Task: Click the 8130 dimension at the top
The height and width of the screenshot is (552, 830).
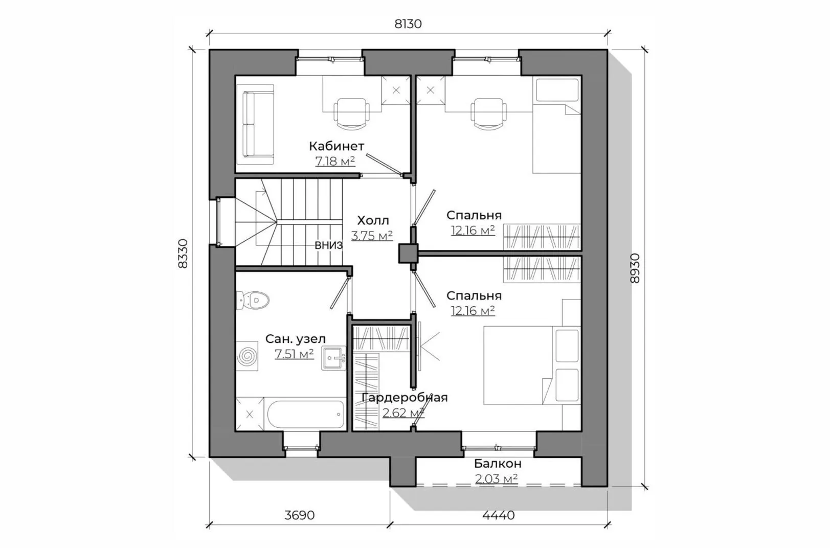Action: point(408,24)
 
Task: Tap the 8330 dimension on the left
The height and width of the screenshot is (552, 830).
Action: point(183,254)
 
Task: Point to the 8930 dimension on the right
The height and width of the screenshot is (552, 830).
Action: point(635,268)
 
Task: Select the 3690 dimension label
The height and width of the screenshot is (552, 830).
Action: point(299,515)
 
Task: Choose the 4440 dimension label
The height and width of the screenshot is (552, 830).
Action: point(499,515)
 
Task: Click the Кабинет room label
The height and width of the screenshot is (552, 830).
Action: point(337,146)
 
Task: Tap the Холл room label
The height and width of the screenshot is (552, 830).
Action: point(373,221)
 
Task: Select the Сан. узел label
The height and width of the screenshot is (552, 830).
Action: point(295,339)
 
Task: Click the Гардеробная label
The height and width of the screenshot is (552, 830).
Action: point(405,398)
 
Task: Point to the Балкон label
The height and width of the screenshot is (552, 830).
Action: point(498,464)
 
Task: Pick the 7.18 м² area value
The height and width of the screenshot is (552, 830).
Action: point(335,162)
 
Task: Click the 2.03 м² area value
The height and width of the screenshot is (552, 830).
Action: point(496,479)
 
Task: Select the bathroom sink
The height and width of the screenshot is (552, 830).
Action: point(333,358)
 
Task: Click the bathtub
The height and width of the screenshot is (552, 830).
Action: point(306,415)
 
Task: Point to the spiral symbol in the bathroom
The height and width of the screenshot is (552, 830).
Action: point(247,356)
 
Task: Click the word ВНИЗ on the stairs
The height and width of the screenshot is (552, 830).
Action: point(328,245)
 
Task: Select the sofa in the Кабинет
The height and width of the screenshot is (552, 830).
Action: point(256,124)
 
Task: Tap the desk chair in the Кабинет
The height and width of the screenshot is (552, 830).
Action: point(352,114)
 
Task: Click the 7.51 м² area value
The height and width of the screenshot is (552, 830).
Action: point(294,354)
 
